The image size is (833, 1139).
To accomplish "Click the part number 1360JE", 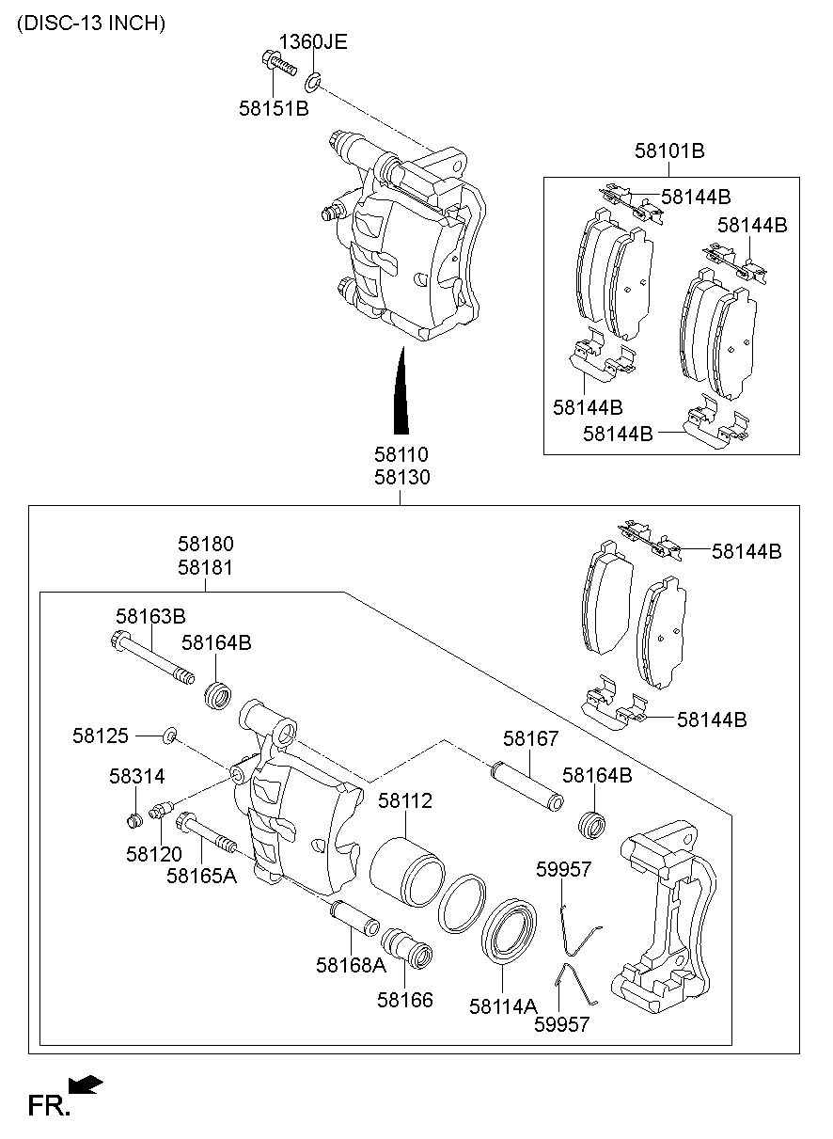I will point(312,41).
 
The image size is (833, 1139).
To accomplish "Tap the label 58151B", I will point(273,109).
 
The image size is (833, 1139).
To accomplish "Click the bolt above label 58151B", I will point(276,66).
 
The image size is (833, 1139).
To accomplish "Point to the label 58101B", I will point(669,150).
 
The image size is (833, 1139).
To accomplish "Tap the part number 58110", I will point(401,455).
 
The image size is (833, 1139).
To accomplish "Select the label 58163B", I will point(150,616).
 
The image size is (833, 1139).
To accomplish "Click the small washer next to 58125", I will point(170,735).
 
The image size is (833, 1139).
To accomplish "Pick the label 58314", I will point(136,776).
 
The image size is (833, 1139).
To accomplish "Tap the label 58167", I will point(530,739).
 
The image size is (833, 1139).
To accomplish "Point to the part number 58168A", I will point(351,964).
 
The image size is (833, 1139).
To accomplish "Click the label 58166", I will point(405,1000).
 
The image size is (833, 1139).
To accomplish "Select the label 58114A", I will point(503,1005).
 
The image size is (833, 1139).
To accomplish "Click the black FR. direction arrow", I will point(86,1086).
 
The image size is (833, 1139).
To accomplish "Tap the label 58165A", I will point(201,876).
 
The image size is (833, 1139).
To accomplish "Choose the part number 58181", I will point(206,568).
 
